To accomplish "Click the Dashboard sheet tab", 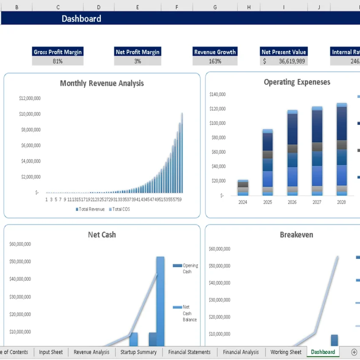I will point(323,352).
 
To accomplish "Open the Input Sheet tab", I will point(51,352).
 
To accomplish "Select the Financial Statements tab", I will point(189,352).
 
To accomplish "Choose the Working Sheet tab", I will point(286,352).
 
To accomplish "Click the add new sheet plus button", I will point(354,352).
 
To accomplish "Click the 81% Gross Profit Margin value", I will point(58,61).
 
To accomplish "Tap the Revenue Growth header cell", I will point(215,52).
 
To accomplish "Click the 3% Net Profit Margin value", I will point(138,61).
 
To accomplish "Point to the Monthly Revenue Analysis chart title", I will point(102,83).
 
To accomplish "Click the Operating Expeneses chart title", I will point(297,82).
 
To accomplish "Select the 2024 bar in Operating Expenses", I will point(243,188).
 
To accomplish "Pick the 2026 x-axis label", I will point(292,202).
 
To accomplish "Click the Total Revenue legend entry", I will point(90,209).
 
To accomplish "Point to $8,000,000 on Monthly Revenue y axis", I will point(31,130).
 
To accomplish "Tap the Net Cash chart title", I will point(102,235).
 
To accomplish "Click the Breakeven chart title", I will point(296,235).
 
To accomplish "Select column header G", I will point(215,7).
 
